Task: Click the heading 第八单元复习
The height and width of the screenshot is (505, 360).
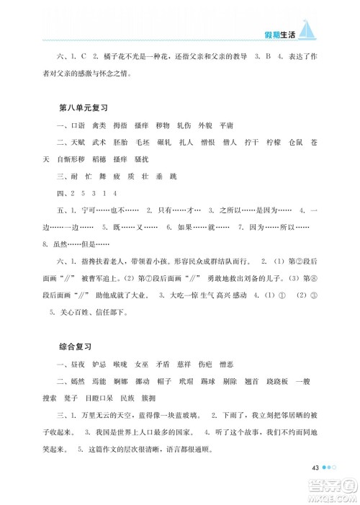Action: pos(82,107)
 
